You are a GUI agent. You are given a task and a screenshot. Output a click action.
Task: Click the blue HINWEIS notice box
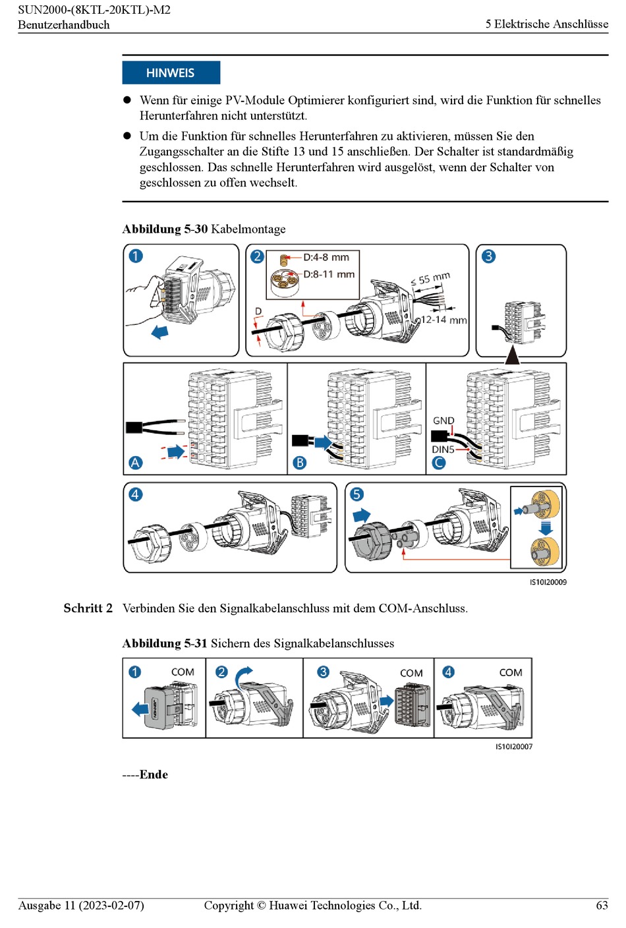coord(171,72)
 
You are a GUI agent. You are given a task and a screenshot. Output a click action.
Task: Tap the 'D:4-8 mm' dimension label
coord(326,257)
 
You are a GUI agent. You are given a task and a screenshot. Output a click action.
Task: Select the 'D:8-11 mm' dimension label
coord(329,274)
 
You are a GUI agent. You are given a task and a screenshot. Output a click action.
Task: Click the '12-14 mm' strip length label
coord(443,320)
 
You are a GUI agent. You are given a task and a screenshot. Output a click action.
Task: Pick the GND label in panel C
coord(443,420)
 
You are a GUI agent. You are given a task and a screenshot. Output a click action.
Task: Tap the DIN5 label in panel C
coord(443,449)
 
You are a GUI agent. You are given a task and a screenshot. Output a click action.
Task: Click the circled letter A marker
coord(136,463)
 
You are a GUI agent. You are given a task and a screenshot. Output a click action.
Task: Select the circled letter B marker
coord(300,463)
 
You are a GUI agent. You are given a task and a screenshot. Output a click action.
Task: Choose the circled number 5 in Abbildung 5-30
coord(356,494)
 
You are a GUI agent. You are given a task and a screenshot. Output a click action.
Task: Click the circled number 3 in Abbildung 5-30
coord(488,256)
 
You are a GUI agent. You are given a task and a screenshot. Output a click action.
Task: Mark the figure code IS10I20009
coord(548,582)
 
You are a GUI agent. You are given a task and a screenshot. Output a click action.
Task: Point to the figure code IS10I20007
coord(514,747)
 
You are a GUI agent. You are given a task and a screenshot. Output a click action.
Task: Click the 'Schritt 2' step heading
coord(88,608)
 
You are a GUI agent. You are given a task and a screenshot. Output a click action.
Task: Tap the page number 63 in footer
coord(602,906)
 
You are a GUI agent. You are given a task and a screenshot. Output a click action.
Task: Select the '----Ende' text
coord(145,774)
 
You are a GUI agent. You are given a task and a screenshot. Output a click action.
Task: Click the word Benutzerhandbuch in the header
coord(64,25)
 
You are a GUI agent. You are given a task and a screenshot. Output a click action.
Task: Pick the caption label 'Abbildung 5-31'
coord(164,643)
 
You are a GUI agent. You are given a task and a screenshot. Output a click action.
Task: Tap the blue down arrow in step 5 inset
coord(546,527)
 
